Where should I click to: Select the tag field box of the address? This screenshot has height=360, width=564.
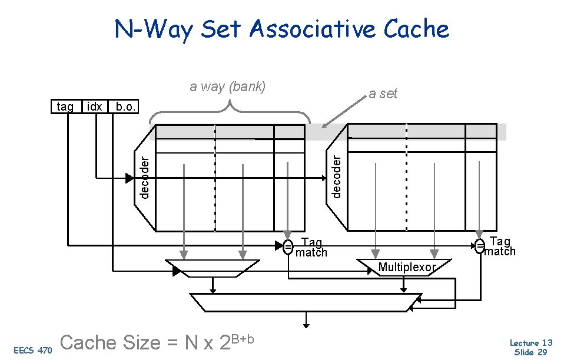tap(65, 106)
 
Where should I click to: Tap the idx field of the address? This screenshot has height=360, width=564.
tap(94, 106)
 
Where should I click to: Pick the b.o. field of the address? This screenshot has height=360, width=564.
tap(125, 106)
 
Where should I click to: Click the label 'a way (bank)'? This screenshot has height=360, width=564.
tap(228, 87)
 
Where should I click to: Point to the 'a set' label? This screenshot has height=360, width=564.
tap(383, 94)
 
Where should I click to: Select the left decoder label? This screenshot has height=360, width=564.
tap(145, 176)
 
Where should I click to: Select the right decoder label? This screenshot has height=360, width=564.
tap(336, 176)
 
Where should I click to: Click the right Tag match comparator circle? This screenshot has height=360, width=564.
tap(480, 245)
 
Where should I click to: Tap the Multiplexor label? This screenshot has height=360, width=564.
tap(407, 268)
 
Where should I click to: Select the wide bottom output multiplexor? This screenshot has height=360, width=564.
tap(303, 302)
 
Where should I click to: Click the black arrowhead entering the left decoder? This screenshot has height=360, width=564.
tap(130, 178)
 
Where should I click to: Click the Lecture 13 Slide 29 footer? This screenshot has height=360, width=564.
tap(530, 347)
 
